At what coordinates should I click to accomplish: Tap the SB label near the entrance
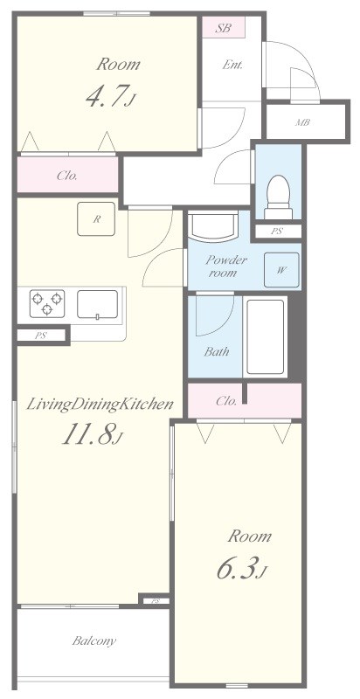click(x=223, y=28)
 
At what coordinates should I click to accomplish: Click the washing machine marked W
click(x=281, y=270)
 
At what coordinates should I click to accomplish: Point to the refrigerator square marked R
click(x=96, y=219)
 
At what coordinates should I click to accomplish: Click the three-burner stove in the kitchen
click(x=47, y=303)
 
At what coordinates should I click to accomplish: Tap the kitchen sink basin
click(x=98, y=304)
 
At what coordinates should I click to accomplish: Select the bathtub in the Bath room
click(x=265, y=336)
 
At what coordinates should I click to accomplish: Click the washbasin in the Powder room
click(x=211, y=226)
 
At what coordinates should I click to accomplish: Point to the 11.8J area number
click(x=93, y=433)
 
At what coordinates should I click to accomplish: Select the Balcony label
click(x=94, y=641)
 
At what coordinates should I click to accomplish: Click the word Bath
click(x=217, y=352)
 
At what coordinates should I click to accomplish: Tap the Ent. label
click(x=232, y=65)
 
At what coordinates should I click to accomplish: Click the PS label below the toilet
click(x=277, y=231)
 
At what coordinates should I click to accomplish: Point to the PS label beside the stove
click(x=40, y=336)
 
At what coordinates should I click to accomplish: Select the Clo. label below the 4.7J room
click(x=67, y=176)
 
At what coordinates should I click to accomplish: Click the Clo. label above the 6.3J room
click(x=226, y=401)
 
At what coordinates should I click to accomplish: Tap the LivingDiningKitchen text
click(x=100, y=404)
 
